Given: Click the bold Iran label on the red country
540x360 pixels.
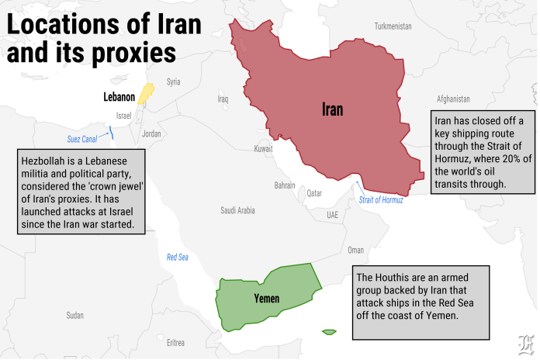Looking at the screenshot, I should (x=332, y=109).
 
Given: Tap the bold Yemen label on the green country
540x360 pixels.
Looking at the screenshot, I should (x=266, y=299).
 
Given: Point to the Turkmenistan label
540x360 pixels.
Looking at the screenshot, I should (x=393, y=26).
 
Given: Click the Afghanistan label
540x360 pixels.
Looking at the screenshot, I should (x=453, y=99).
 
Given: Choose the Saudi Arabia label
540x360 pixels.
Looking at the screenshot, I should (x=237, y=209).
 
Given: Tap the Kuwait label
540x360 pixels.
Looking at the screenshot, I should (x=264, y=148).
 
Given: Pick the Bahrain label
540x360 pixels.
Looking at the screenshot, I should (x=285, y=185).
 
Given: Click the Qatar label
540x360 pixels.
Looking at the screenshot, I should (x=314, y=193).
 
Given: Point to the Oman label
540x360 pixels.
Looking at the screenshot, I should (x=355, y=250).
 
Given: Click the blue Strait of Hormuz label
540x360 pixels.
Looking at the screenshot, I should (x=381, y=200).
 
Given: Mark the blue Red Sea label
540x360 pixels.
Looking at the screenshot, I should (x=178, y=257).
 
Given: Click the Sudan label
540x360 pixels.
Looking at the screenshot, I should (x=74, y=315).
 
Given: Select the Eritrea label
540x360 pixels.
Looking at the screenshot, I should (x=175, y=342).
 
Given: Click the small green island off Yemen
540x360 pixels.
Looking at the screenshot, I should (x=329, y=332).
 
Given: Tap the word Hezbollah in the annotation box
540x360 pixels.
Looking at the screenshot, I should (x=45, y=158).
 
